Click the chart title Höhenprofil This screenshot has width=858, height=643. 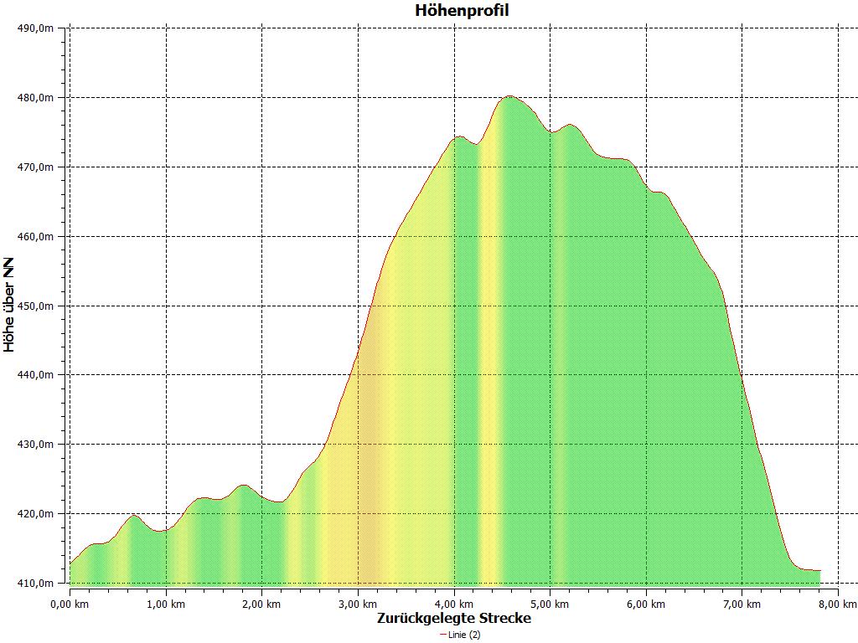(462, 11)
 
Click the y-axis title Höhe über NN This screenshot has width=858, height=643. (9, 305)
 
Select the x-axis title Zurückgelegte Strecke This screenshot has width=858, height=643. (453, 618)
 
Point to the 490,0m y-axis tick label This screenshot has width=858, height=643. (36, 28)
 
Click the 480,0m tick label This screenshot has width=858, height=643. (36, 98)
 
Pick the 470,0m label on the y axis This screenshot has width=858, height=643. (36, 167)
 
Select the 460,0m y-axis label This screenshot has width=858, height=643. (36, 237)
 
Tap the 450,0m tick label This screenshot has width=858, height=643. (36, 306)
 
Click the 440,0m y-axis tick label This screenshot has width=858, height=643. (36, 375)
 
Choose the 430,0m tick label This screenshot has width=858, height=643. (36, 445)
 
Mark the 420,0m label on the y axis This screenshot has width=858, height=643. (36, 514)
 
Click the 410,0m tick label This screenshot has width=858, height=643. (36, 583)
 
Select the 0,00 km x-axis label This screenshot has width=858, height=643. (70, 603)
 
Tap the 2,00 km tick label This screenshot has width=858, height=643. (262, 603)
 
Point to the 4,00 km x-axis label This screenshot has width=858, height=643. (454, 603)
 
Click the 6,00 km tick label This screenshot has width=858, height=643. (646, 603)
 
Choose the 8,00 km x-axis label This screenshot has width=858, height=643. (838, 603)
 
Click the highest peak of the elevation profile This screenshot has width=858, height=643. (509, 96)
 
